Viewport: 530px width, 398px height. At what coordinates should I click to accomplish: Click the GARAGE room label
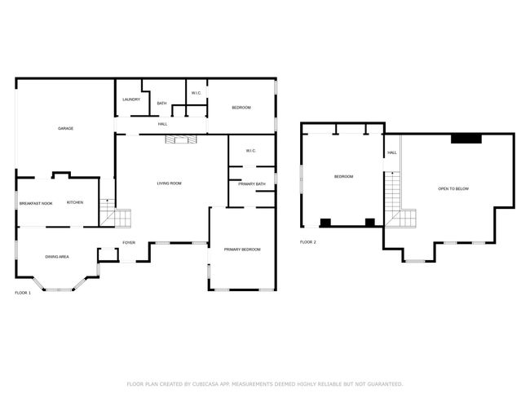coord(65,129)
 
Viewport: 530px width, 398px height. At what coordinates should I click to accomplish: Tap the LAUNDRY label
coord(131,99)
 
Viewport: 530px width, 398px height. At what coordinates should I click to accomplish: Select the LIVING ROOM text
coord(170,184)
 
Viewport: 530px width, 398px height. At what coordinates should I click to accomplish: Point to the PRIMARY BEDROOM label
coord(242,250)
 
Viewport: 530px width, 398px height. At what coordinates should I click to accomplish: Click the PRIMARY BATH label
coord(252,184)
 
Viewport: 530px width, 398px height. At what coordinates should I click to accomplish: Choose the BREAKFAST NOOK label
coord(36,204)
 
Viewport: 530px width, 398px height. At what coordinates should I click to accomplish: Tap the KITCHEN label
coord(75,202)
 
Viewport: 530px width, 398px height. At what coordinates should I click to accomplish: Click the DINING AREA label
coord(57,257)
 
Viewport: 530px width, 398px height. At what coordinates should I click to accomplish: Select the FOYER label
coord(129,243)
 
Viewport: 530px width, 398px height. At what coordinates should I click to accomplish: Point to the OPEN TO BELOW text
coord(453,188)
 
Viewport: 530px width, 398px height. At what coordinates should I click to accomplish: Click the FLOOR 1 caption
coord(23,293)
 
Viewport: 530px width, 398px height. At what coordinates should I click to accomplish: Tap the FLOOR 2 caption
coord(308,242)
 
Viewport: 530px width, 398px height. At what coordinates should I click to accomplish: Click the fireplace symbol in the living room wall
coord(180,139)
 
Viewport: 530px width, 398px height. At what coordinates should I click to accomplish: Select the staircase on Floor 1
coord(115,214)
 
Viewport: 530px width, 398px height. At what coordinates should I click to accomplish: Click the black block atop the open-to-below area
coord(466,139)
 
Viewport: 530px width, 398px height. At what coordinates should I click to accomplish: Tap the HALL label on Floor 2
coord(392,153)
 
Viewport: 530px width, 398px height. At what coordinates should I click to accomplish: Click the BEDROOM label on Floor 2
coord(344,176)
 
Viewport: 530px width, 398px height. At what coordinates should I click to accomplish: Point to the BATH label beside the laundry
coord(162,103)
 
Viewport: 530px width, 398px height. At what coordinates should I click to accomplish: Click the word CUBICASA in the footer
coord(205,384)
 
